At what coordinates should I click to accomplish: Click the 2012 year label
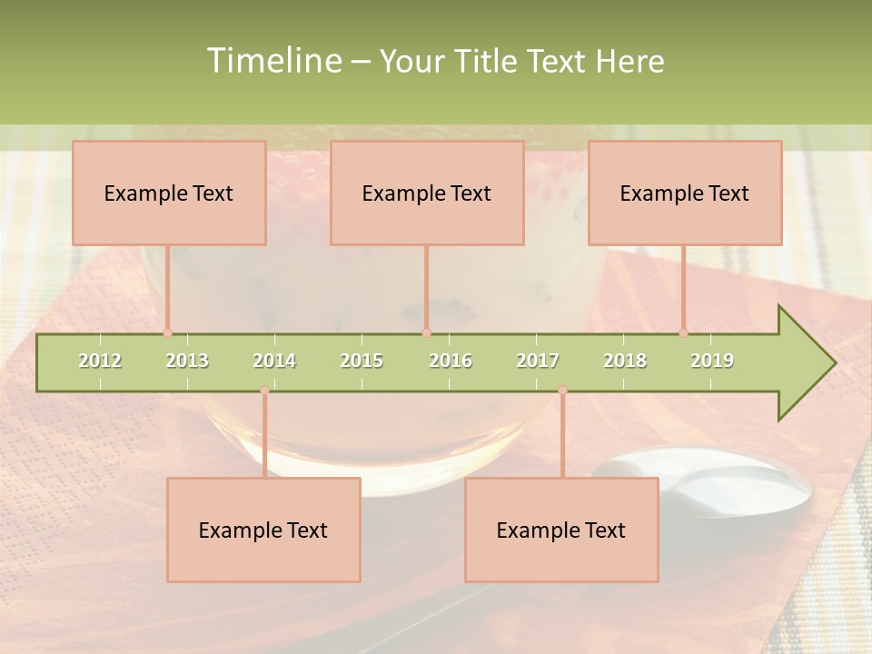pyautogui.click(x=100, y=361)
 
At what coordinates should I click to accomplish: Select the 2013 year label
pyautogui.click(x=187, y=361)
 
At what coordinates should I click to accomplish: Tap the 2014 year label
pyautogui.click(x=274, y=361)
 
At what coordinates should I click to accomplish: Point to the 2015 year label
pyautogui.click(x=362, y=361)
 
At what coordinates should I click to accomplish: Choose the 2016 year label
pyautogui.click(x=451, y=361)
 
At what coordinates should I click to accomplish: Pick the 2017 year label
pyautogui.click(x=538, y=361)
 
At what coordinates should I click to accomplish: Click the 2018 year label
pyautogui.click(x=625, y=361)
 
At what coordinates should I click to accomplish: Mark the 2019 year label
pyautogui.click(x=712, y=361)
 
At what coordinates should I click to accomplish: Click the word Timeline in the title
pyautogui.click(x=273, y=61)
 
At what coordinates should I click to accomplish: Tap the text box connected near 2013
pyautogui.click(x=169, y=193)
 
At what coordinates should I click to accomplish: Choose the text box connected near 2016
pyautogui.click(x=427, y=193)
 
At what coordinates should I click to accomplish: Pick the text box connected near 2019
pyautogui.click(x=685, y=193)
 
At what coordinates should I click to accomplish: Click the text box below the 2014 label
pyautogui.click(x=263, y=530)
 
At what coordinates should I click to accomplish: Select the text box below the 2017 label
pyautogui.click(x=561, y=530)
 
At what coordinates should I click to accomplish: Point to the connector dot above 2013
pyautogui.click(x=167, y=332)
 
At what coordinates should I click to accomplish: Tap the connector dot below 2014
pyautogui.click(x=264, y=391)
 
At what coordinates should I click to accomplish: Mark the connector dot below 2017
pyautogui.click(x=562, y=391)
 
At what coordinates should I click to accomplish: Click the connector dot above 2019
pyautogui.click(x=683, y=332)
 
